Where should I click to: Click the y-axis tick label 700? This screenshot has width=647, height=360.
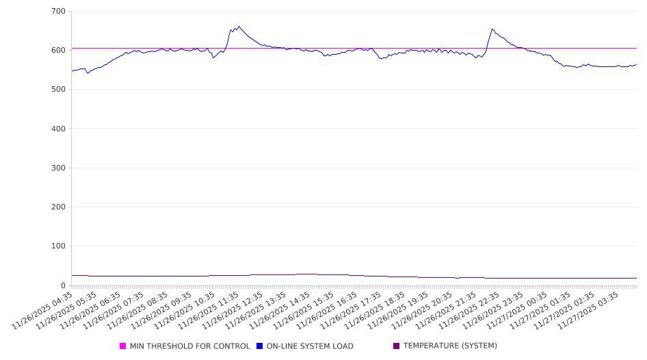[x=58, y=12]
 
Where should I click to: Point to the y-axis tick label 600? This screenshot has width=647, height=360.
[x=58, y=51]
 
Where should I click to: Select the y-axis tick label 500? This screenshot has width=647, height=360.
[x=58, y=90]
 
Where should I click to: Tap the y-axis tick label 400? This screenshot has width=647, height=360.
[x=58, y=129]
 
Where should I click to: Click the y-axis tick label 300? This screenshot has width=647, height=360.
[x=58, y=168]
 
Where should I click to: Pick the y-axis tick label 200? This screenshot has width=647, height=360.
[x=58, y=207]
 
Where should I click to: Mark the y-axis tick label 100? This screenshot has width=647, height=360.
[x=58, y=246]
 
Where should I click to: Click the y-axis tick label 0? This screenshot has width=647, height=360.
[x=62, y=285]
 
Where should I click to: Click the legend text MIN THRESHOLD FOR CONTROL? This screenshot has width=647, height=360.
[x=189, y=346]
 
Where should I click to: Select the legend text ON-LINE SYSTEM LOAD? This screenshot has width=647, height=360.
[x=310, y=346]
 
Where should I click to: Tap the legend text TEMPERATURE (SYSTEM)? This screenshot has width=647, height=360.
[x=450, y=346]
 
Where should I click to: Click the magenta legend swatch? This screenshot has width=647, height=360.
[x=123, y=346]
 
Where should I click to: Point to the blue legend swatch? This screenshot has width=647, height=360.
[x=260, y=346]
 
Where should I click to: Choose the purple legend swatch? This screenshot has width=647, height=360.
[x=396, y=346]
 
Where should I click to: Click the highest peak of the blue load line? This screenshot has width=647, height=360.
[x=238, y=27]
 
